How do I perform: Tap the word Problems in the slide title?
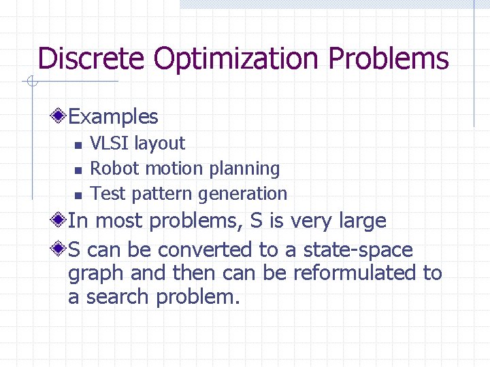pos(389,58)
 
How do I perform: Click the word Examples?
pos(113,117)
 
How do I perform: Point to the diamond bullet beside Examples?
pos(61,116)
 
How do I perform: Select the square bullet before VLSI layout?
pos(78,145)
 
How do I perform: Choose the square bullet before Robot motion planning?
pos(78,170)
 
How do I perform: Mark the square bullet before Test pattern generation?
pos(78,195)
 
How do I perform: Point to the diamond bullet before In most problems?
pos(61,220)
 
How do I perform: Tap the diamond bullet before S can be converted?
pos(61,249)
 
